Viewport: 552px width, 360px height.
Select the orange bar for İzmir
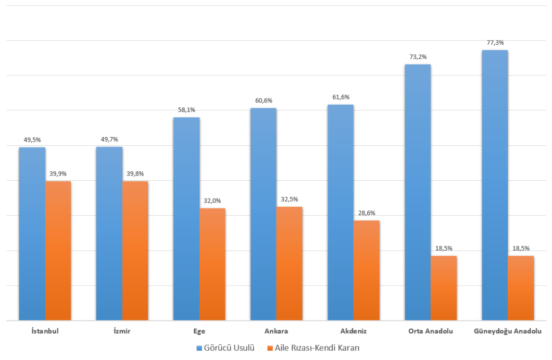tap(135, 251)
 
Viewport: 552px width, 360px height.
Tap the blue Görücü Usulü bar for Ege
tap(186, 219)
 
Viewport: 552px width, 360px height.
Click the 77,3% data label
tap(495, 43)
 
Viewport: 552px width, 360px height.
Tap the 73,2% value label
tap(418, 57)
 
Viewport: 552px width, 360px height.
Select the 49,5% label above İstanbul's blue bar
tap(32, 140)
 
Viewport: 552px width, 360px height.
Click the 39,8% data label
tap(135, 174)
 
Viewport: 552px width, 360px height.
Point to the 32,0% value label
tap(212, 201)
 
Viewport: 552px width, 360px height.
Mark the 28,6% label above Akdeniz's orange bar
tap(366, 213)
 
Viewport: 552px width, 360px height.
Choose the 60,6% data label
tap(264, 101)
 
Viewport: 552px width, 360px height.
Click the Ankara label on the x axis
tap(276, 331)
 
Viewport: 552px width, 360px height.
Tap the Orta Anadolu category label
tap(431, 331)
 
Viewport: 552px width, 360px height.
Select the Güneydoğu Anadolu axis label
tap(508, 331)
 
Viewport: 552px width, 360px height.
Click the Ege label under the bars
tap(199, 331)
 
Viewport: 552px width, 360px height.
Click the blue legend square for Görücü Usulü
tap(199, 347)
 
